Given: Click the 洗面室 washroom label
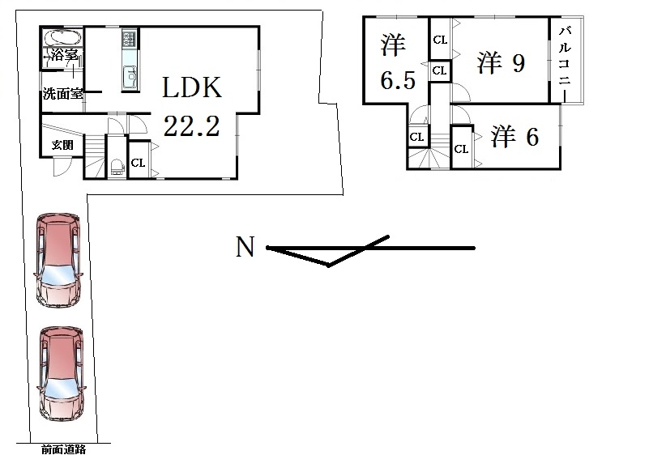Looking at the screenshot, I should point(62,94).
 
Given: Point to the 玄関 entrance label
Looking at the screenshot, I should point(62,145).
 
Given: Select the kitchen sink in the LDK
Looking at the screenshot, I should point(130,79).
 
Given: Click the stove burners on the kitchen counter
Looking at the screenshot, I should point(130,39).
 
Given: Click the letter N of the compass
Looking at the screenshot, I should point(244,247).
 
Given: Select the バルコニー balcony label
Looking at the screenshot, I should point(565,60).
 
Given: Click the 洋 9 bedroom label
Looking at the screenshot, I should point(501,63).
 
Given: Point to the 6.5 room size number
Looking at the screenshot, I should point(394,83).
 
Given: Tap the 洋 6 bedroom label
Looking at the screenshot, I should point(514,138).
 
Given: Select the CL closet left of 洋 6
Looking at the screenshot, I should point(460,149).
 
